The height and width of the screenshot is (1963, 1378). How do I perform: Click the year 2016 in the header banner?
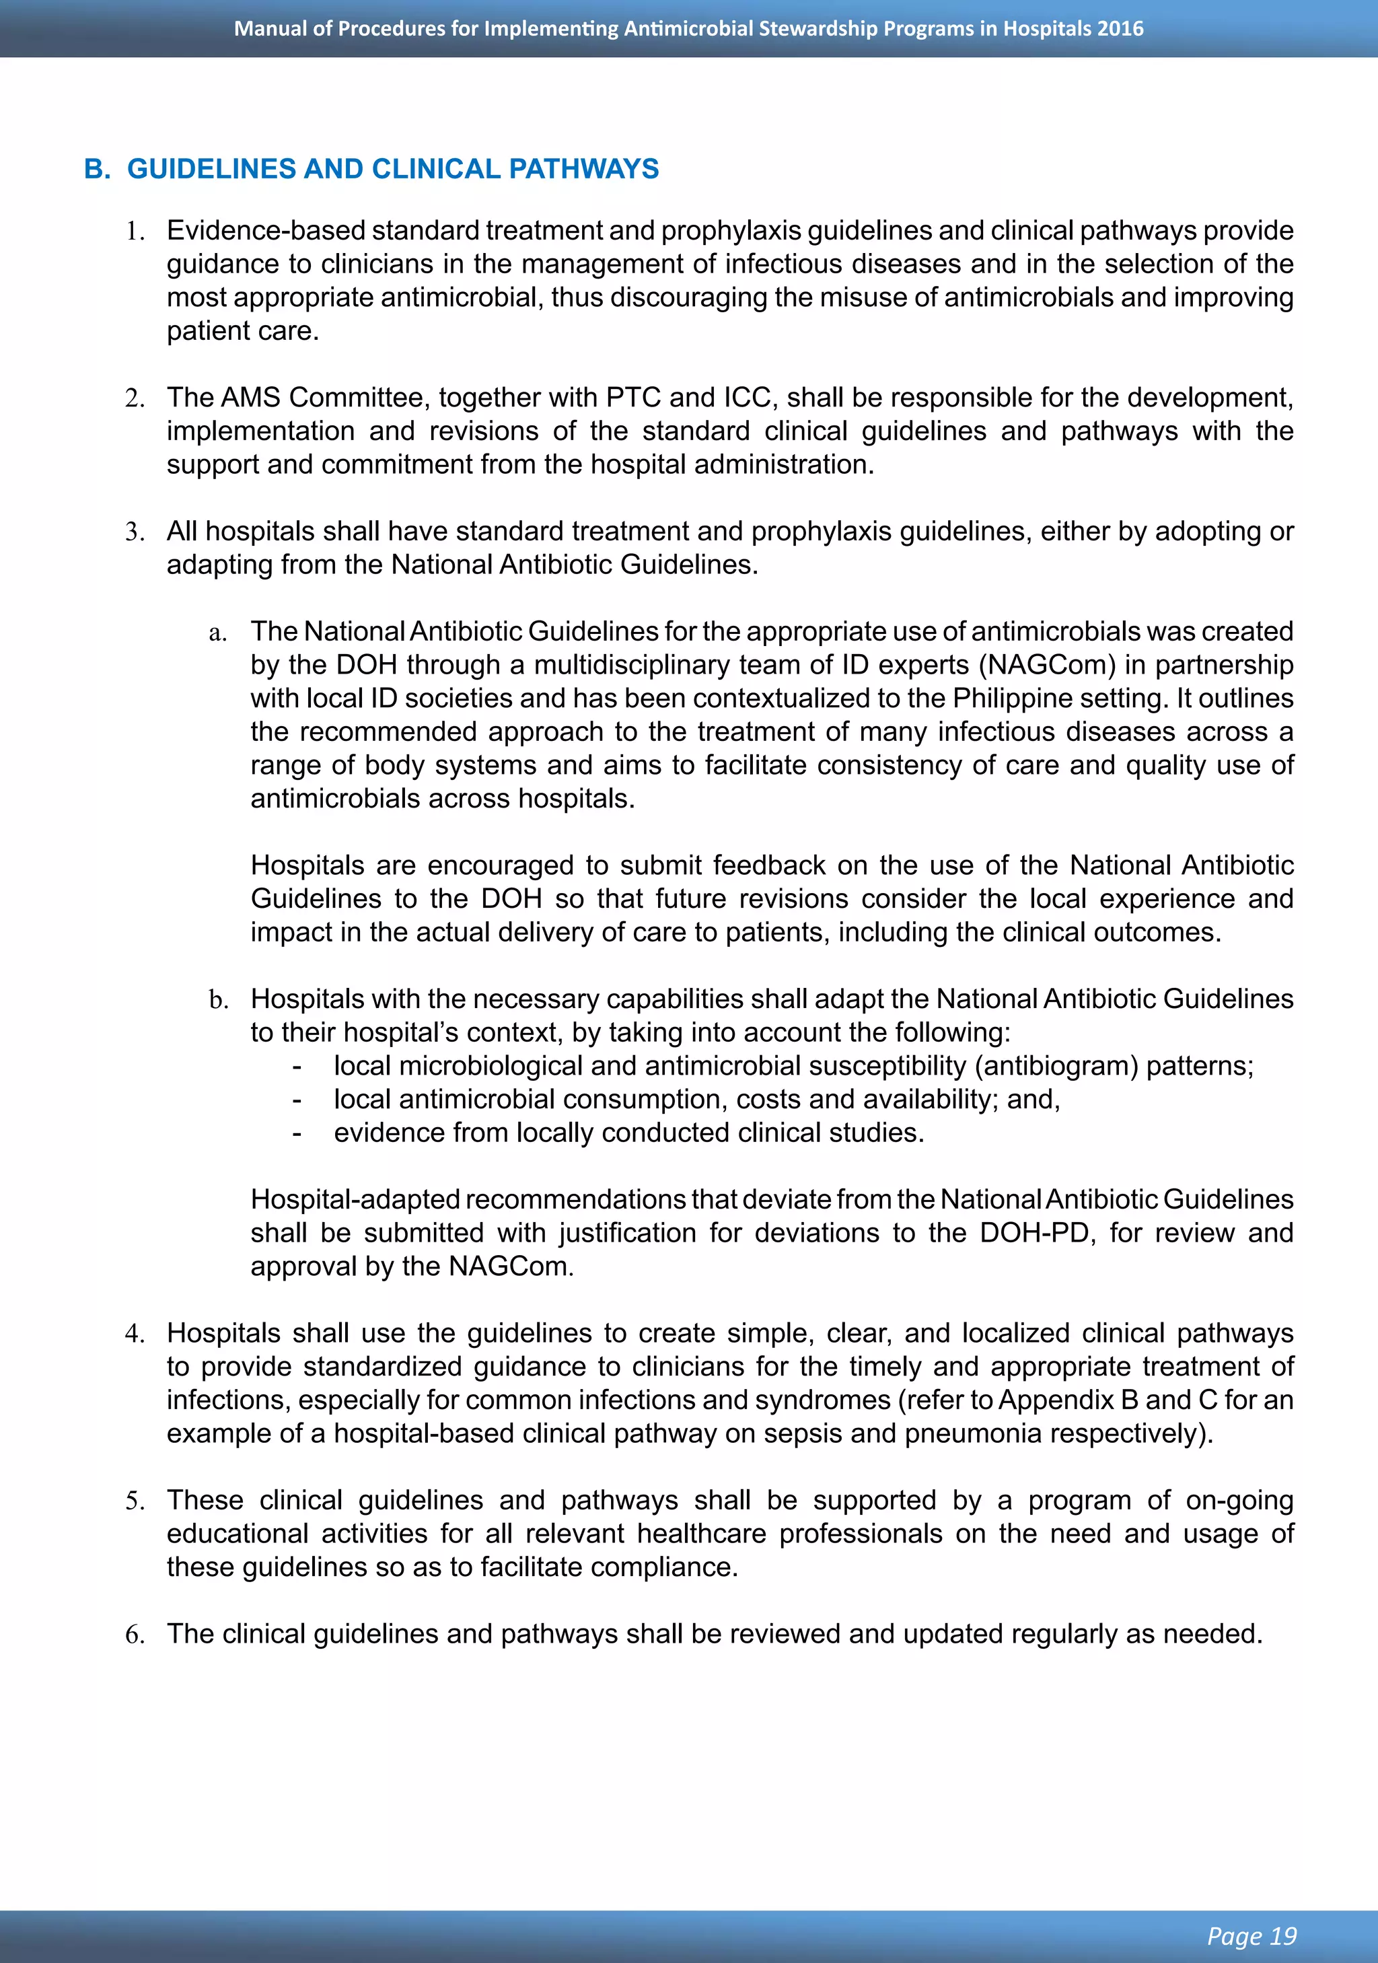(x=1120, y=28)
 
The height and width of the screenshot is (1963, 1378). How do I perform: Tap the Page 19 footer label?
(x=1252, y=1935)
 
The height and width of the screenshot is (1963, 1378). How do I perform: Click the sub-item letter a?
(x=217, y=633)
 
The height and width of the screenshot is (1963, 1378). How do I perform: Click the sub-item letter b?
(x=218, y=1000)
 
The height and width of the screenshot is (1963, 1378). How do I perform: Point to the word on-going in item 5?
(x=1239, y=1501)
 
